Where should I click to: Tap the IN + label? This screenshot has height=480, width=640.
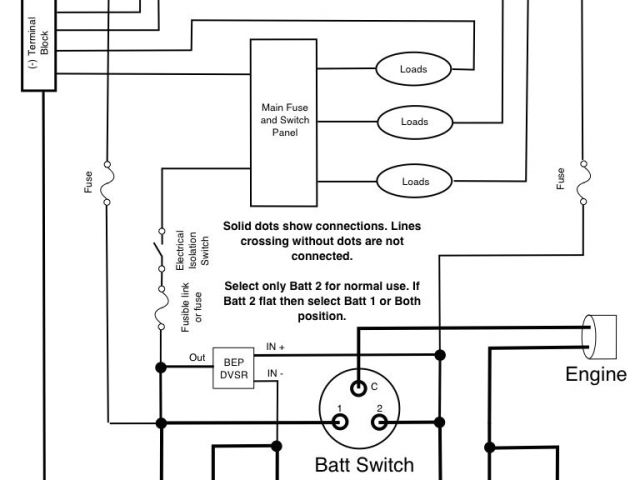click(277, 347)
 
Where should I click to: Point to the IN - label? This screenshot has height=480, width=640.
click(275, 374)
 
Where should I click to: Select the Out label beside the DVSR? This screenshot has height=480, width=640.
click(196, 356)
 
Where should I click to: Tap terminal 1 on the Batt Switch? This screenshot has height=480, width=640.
click(341, 421)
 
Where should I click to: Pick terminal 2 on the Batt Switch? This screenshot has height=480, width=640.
click(379, 421)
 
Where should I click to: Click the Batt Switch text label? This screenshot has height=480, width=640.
click(363, 465)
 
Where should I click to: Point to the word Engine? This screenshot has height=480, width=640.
click(596, 375)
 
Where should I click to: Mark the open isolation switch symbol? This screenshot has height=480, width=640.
click(158, 245)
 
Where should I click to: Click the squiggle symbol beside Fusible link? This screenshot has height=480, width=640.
click(158, 306)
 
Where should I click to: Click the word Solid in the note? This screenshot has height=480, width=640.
click(240, 227)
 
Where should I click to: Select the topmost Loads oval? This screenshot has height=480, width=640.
click(415, 69)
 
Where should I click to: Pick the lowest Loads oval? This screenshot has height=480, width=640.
click(415, 181)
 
